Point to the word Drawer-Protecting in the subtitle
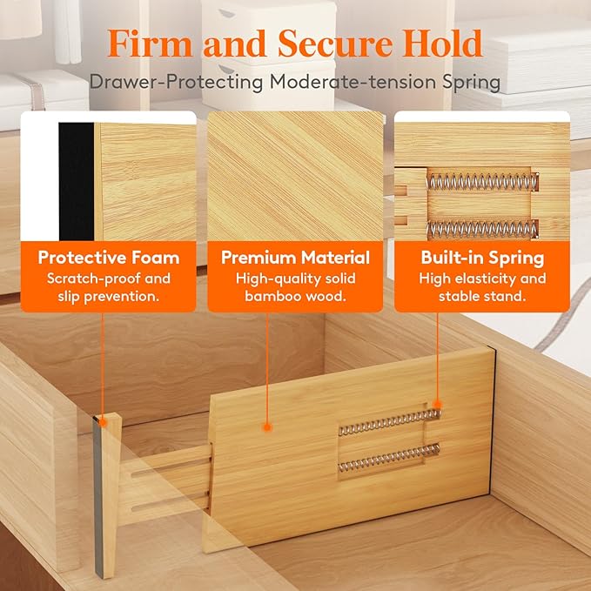(163, 82)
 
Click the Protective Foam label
(109, 258)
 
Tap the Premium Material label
(295, 258)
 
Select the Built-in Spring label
(482, 258)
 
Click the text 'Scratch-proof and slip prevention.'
(109, 287)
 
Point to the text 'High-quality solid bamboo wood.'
(295, 287)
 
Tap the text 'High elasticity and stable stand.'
(482, 287)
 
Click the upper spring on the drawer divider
(388, 422)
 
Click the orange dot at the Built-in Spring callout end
(437, 405)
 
